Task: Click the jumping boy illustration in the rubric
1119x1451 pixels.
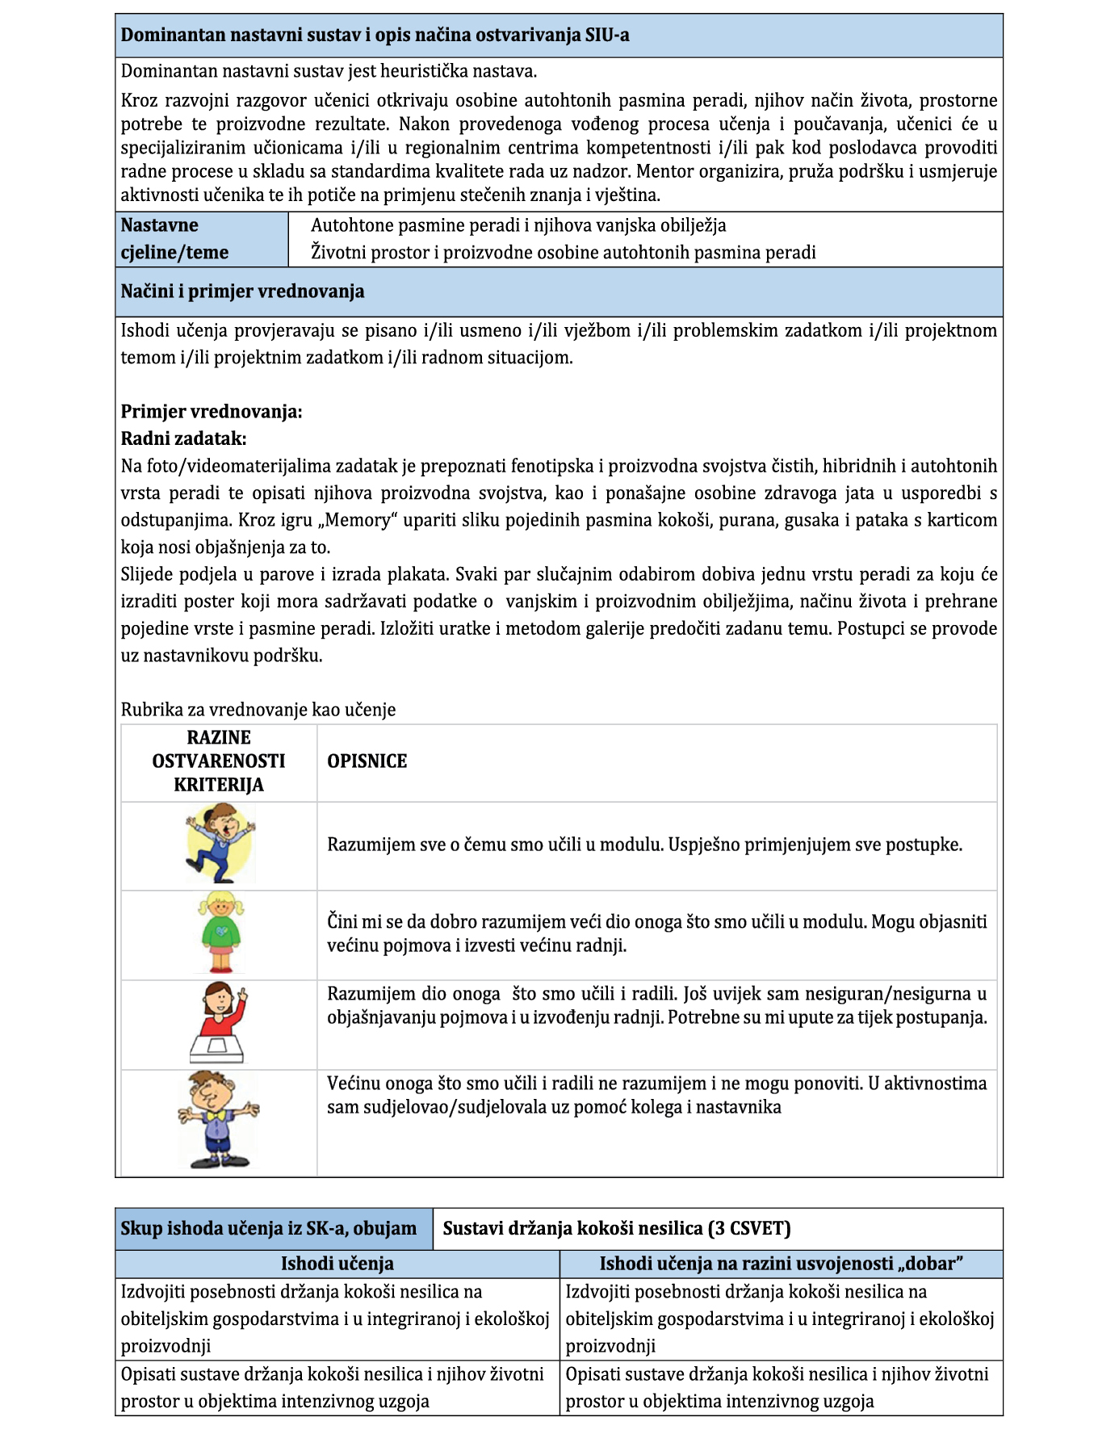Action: tap(220, 845)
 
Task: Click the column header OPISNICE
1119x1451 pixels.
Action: tap(367, 761)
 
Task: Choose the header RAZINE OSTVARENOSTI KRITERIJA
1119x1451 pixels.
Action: tap(219, 761)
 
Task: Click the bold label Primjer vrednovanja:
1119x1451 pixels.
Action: tap(212, 412)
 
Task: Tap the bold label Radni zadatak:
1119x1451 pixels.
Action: tap(183, 438)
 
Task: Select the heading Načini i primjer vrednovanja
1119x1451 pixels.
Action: tap(242, 291)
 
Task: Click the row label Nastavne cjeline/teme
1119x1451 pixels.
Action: tap(175, 239)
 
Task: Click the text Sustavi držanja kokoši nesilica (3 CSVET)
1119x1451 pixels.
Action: tap(617, 1228)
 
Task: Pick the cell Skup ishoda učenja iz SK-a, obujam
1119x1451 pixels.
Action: tap(269, 1228)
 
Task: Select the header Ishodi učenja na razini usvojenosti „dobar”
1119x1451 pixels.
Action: tap(781, 1264)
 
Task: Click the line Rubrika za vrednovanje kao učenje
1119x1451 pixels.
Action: tap(258, 710)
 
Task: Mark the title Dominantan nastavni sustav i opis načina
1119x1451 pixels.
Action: tap(375, 36)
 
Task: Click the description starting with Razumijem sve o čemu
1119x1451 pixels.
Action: tap(644, 845)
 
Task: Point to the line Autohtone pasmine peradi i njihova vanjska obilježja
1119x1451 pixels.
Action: tap(518, 225)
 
